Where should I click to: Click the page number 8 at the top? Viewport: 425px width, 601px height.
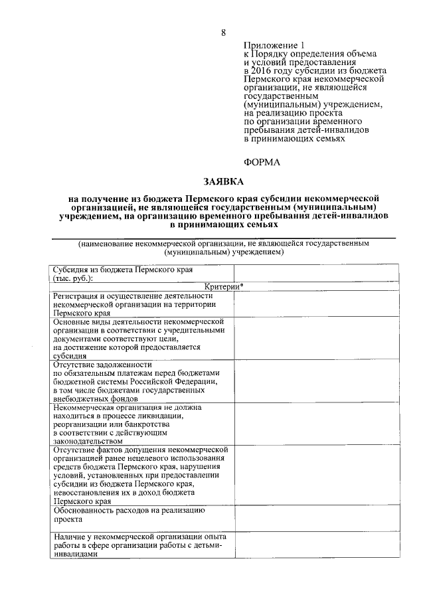coord(223,33)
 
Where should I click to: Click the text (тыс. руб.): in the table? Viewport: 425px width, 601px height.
coord(72,279)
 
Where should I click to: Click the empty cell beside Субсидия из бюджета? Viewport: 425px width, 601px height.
coord(315,274)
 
